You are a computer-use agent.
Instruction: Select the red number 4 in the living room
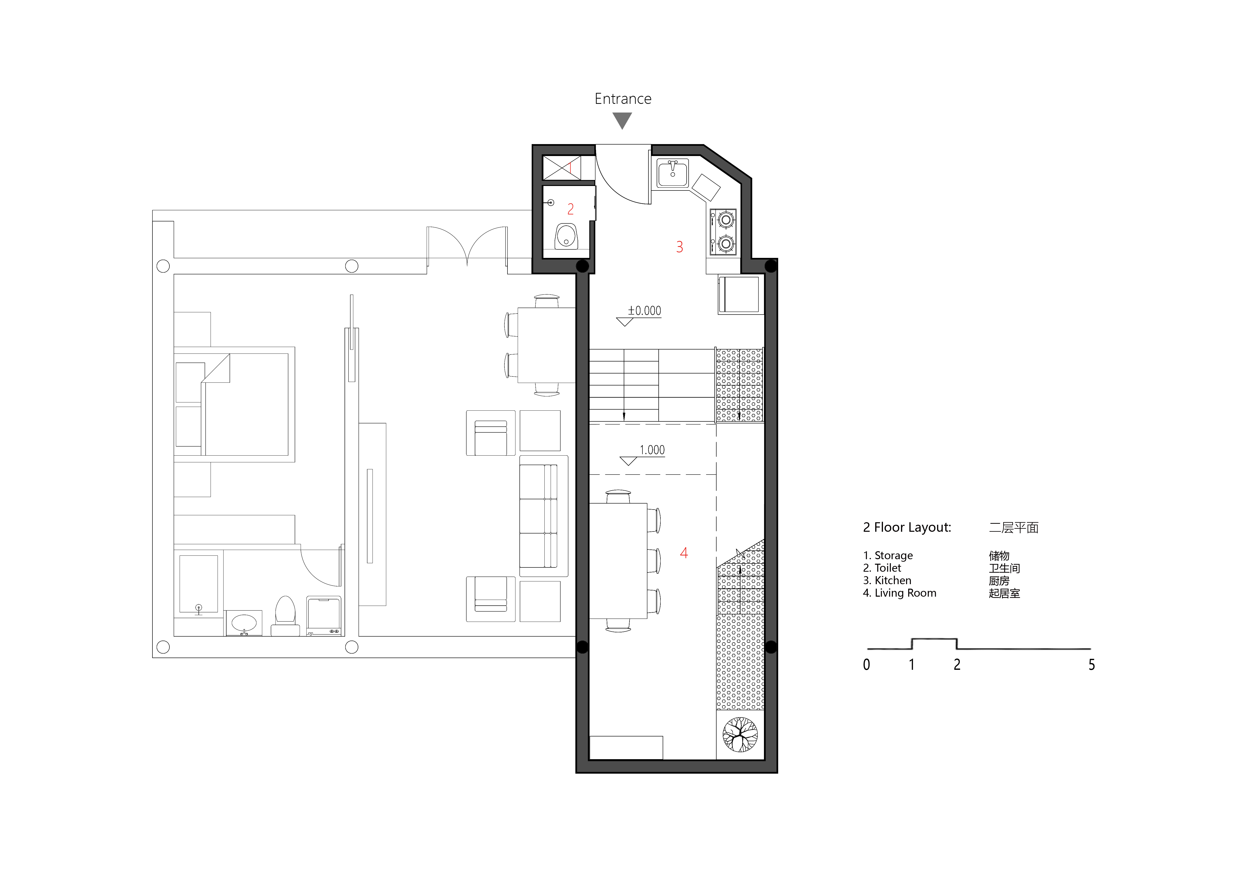coord(684,553)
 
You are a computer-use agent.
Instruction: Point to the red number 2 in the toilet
coord(570,209)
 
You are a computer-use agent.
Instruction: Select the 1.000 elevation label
coord(652,450)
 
